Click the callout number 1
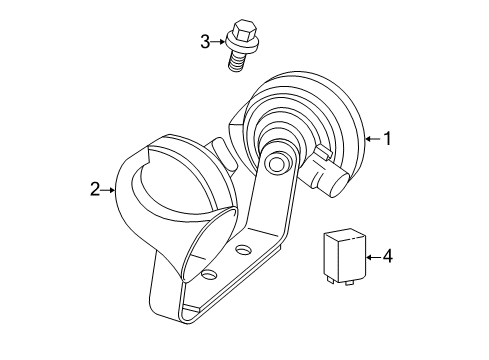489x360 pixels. pyautogui.click(x=386, y=139)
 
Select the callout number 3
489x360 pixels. pyautogui.click(x=205, y=41)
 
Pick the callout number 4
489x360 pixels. pyautogui.click(x=387, y=257)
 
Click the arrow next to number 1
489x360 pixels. pyautogui.click(x=370, y=139)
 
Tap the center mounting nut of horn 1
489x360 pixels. pyautogui.click(x=279, y=161)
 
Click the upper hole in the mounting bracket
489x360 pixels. pyautogui.click(x=244, y=249)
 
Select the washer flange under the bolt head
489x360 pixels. pyautogui.click(x=238, y=44)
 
